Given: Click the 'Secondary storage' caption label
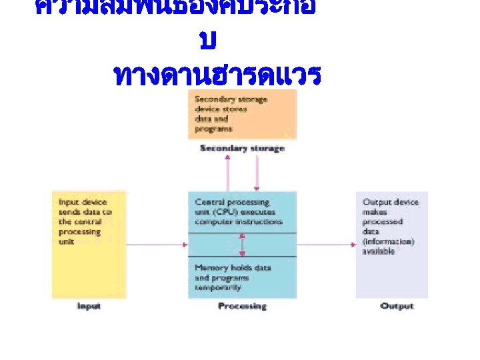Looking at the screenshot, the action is [x=242, y=148].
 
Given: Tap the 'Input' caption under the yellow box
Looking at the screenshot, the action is [x=89, y=306].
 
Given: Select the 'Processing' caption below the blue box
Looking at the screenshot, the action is [x=242, y=306].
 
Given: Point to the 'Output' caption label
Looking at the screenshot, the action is [x=397, y=306].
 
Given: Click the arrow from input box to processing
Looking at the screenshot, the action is [x=157, y=245].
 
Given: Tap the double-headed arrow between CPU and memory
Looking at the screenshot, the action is [x=242, y=245].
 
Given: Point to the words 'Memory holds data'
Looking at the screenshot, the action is [x=233, y=267].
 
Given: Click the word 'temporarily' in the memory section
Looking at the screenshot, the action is [x=218, y=287].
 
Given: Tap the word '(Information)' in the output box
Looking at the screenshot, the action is [x=388, y=241].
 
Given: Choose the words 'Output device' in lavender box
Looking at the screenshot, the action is [x=391, y=202].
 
